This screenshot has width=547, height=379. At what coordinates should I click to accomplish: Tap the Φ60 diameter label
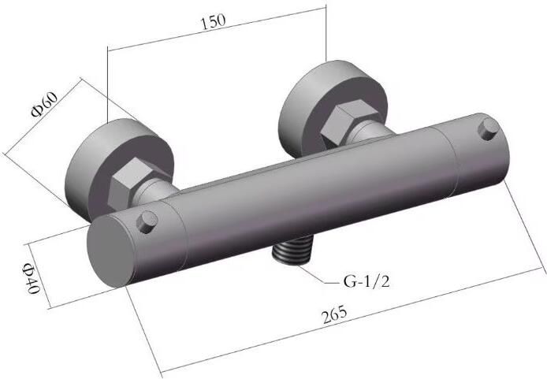point(43,102)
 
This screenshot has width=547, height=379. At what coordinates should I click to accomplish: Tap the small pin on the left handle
point(145,222)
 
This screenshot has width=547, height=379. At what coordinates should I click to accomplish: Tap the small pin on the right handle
point(488,125)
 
